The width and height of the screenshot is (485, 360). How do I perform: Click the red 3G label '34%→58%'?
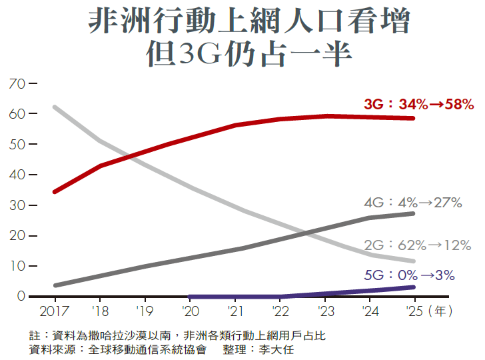click(x=418, y=105)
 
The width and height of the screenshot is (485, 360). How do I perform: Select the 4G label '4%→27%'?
click(x=413, y=203)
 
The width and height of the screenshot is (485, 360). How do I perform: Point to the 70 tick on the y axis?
click(x=17, y=84)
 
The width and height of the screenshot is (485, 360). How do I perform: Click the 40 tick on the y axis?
click(x=17, y=175)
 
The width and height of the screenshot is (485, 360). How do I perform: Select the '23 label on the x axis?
click(x=324, y=311)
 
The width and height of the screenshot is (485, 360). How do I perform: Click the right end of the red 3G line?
click(x=413, y=118)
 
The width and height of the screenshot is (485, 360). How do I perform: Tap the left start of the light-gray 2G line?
click(x=55, y=107)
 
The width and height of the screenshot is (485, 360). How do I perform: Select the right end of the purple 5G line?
click(x=413, y=287)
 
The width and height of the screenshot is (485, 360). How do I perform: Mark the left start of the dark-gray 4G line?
click(x=55, y=285)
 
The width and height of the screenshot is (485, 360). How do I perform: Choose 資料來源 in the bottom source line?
click(x=51, y=349)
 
